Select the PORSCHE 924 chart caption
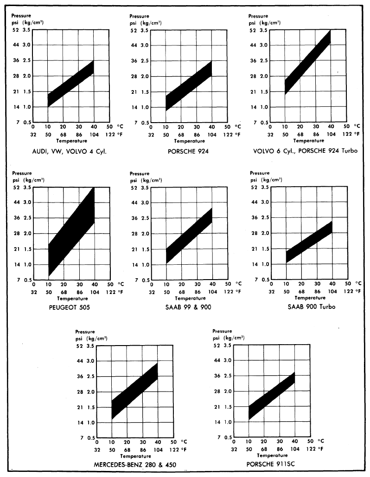[188, 151]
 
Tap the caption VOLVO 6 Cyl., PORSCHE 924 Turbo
[306, 151]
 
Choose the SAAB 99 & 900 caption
[188, 307]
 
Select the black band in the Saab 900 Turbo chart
[309, 242]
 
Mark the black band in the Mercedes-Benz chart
[134, 390]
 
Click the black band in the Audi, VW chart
[70, 84]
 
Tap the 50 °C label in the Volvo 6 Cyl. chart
[346, 126]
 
